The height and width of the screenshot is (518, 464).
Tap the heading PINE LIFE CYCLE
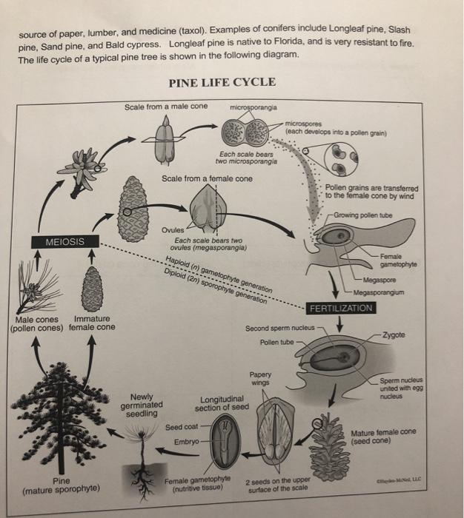point(222,82)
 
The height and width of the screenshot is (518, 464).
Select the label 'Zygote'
point(394,335)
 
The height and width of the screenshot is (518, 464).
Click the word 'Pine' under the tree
point(61,480)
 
